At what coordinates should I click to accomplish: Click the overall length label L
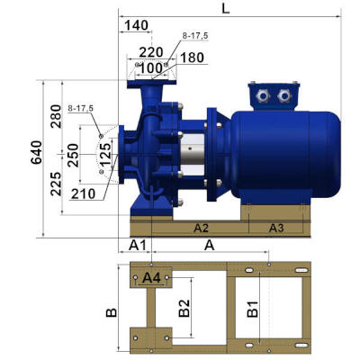226,9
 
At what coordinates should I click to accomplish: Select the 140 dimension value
137,25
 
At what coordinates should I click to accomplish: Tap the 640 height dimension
37,152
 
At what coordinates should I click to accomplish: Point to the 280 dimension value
56,116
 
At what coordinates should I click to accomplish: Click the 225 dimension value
56,184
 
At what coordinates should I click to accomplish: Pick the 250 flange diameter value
73,156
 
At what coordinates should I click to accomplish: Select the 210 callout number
84,194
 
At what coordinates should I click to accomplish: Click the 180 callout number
192,58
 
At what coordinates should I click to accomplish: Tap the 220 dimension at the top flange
151,52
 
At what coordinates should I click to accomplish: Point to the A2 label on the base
201,228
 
